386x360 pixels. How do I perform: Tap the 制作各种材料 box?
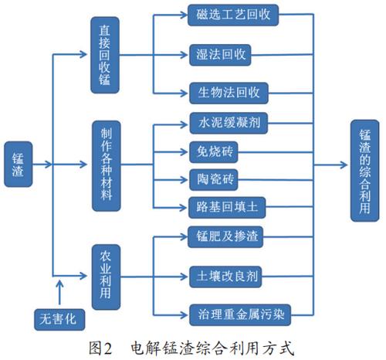tap(107, 164)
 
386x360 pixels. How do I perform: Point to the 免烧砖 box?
tap(211, 151)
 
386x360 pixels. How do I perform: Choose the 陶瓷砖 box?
tap(211, 178)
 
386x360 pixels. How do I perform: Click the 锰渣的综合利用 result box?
tap(365, 164)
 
